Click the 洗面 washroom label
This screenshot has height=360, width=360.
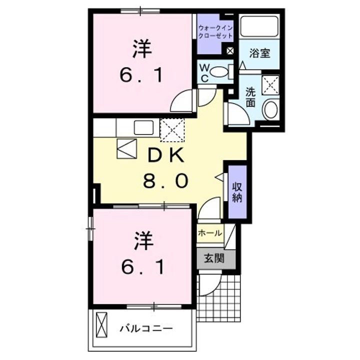[x=250, y=97]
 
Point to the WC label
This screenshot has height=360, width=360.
[x=205, y=73]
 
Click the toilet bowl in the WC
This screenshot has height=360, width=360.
[x=218, y=72]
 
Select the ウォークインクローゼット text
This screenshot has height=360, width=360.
[x=215, y=32]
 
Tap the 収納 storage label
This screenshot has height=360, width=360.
[x=236, y=191]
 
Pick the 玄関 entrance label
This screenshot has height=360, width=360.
[x=213, y=258]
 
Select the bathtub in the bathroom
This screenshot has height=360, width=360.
[x=259, y=26]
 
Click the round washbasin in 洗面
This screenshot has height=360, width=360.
[x=270, y=110]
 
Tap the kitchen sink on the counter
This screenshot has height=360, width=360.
[x=144, y=127]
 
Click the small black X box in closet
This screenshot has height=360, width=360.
[x=230, y=50]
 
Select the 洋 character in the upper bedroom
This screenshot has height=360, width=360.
[x=142, y=50]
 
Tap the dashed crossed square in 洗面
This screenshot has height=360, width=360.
[x=270, y=84]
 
